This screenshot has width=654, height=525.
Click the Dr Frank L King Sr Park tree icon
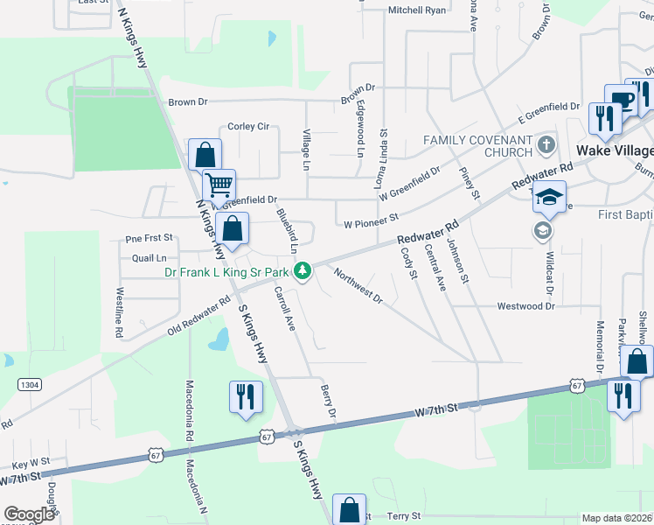[x=303, y=271]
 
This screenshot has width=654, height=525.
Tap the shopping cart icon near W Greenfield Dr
[x=219, y=185]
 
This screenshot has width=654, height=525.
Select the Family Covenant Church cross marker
[x=546, y=143]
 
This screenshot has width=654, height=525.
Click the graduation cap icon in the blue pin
[x=550, y=197]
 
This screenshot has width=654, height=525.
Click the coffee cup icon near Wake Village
[x=622, y=100]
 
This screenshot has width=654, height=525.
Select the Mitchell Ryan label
[x=417, y=10]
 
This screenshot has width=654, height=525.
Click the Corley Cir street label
[x=248, y=127]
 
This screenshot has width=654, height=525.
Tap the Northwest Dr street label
[x=358, y=286]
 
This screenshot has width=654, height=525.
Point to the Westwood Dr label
[x=526, y=306]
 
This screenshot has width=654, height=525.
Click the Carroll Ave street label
[x=285, y=308]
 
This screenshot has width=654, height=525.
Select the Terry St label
[x=403, y=516]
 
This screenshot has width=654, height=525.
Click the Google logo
[x=29, y=514]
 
